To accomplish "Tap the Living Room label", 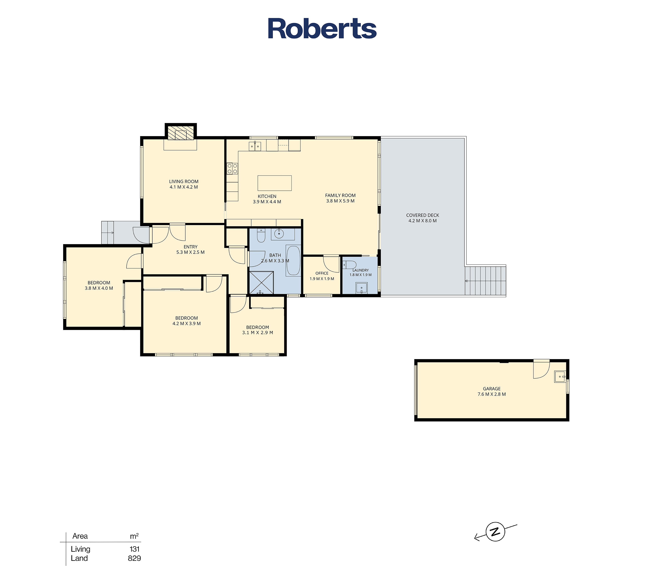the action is pyautogui.click(x=184, y=182).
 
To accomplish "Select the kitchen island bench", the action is pyautogui.click(x=275, y=183).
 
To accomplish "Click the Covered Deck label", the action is pyautogui.click(x=422, y=215).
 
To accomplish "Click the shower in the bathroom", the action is pyautogui.click(x=261, y=283).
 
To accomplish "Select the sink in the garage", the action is pyautogui.click(x=560, y=377).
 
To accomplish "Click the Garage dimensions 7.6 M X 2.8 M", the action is pyautogui.click(x=492, y=394).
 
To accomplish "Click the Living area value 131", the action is pyautogui.click(x=134, y=549).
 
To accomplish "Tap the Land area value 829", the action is pyautogui.click(x=134, y=558).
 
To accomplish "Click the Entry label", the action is pyautogui.click(x=191, y=247).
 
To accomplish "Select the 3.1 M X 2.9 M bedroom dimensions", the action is pyautogui.click(x=257, y=333).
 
